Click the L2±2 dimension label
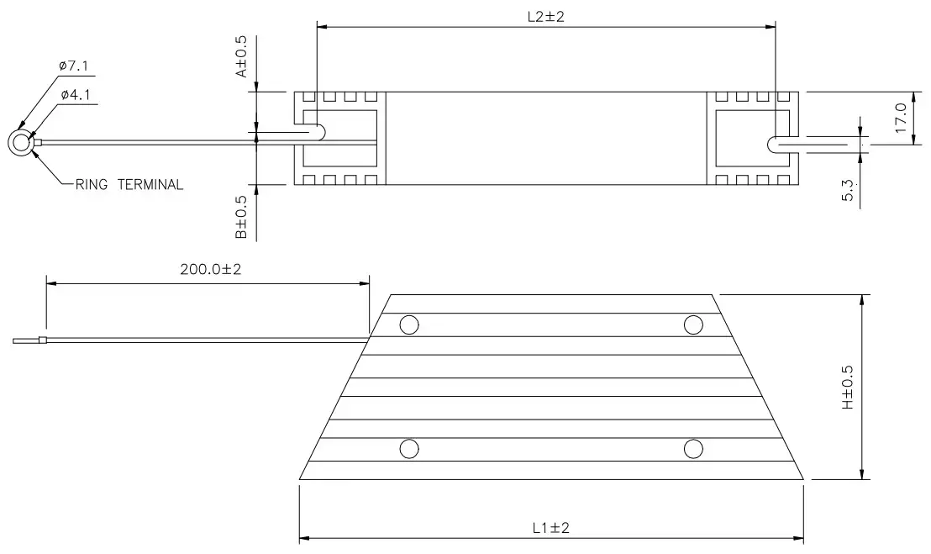547,17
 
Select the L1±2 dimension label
551,528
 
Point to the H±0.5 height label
846,388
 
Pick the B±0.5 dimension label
241,218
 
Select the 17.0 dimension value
900,118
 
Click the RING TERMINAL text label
129,185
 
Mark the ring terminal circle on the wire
20,143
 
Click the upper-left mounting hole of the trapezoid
409,324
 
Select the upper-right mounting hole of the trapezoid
692,324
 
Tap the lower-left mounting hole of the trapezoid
409,449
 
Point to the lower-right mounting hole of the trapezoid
692,449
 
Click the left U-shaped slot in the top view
316,132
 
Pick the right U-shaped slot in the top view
777,144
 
